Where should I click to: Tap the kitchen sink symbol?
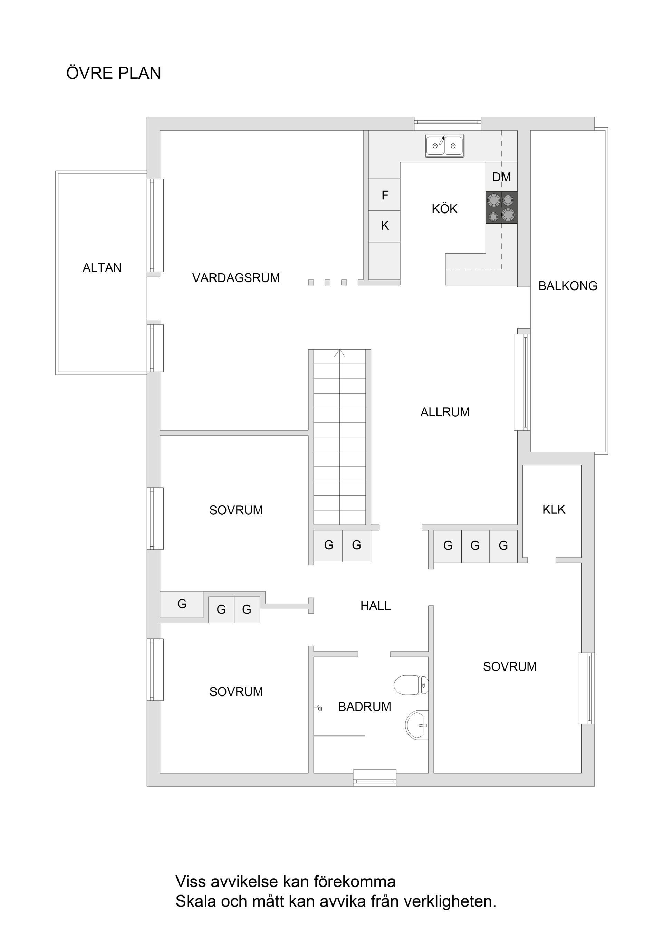tap(444, 145)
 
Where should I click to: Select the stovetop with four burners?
tap(501, 208)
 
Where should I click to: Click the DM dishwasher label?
tap(501, 177)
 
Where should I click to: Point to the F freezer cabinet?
tap(385, 195)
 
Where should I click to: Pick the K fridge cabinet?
tap(385, 226)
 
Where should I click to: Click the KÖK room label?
tap(444, 209)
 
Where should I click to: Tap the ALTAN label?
tap(102, 268)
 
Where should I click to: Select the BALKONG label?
tap(567, 286)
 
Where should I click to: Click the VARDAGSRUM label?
tap(236, 278)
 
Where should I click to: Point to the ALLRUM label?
tap(445, 412)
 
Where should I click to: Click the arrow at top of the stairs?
tap(340, 353)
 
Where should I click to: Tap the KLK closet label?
tap(554, 510)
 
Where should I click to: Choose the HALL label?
tap(376, 605)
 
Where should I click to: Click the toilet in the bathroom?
tap(411, 685)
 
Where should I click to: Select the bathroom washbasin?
tap(417, 725)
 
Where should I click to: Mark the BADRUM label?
tap(365, 707)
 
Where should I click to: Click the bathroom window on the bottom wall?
tap(374, 777)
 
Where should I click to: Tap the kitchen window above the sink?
tap(448, 122)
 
